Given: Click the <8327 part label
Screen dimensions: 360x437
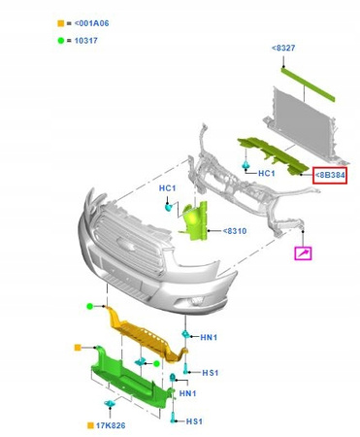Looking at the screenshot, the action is tap(283, 48).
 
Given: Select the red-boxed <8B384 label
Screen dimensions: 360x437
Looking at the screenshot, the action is tap(330, 176).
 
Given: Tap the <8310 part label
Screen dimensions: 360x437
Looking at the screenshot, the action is tap(235, 231).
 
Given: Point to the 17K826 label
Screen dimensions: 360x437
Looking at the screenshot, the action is tap(111, 425).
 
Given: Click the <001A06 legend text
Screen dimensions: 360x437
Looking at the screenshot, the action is tap(91, 23).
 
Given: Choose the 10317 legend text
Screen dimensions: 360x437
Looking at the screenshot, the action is tap(86, 41).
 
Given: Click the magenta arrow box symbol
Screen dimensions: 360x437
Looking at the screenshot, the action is tap(303, 253).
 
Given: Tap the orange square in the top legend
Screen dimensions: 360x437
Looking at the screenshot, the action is tap(61, 23).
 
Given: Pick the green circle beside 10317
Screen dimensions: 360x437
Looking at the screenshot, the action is tap(61, 41).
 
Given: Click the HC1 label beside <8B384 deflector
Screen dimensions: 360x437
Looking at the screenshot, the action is tap(267, 174).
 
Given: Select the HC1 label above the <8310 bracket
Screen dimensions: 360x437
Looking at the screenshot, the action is tap(167, 188).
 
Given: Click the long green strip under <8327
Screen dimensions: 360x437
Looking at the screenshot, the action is tap(308, 84).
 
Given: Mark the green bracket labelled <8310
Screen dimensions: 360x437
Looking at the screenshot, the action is tap(195, 221).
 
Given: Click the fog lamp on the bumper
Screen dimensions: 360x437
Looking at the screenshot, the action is tap(196, 301).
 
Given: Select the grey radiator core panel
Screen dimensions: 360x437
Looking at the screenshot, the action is tap(302, 124).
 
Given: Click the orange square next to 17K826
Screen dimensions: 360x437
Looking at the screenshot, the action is tap(90, 425).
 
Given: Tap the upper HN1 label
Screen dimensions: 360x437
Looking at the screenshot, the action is tap(209, 338).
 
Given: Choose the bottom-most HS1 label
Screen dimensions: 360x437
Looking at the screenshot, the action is tap(194, 421).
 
